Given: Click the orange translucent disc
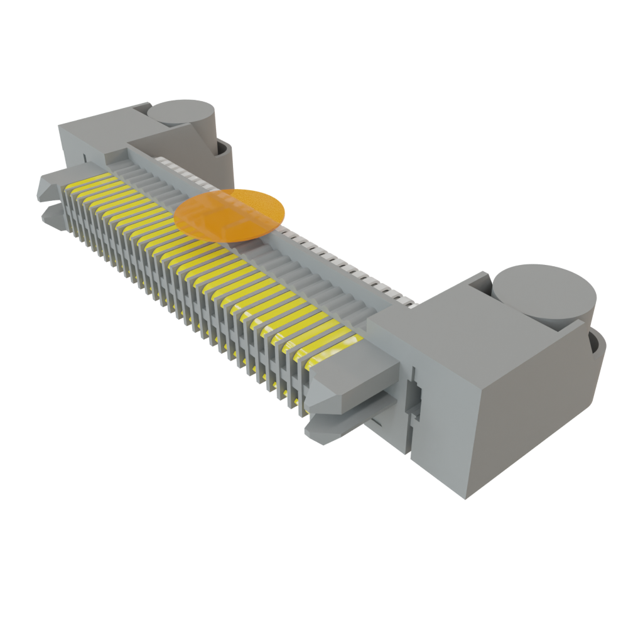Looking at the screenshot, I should tap(230, 215).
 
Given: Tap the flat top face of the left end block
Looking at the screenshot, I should tap(94, 126).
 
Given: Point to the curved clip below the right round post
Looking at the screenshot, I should tap(597, 352).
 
